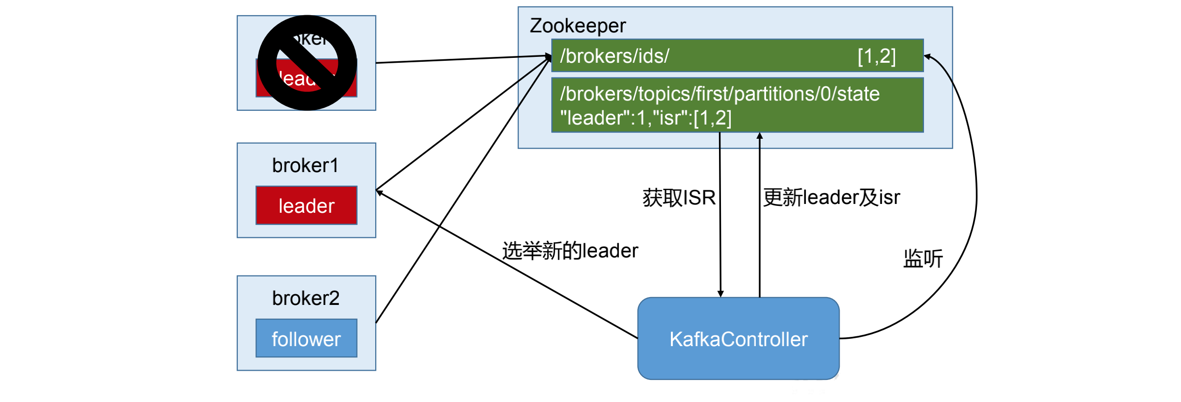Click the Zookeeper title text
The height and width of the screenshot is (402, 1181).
point(577,25)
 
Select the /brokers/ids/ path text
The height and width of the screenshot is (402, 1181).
point(615,56)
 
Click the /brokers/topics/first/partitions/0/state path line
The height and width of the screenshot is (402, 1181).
point(719,94)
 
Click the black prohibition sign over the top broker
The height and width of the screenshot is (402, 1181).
point(307,63)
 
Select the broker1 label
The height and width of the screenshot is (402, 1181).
point(305,166)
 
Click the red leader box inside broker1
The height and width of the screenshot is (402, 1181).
point(307,205)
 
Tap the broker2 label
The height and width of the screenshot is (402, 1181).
point(306,298)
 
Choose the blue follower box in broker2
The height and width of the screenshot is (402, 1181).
point(307,338)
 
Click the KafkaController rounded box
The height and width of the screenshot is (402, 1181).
point(738,338)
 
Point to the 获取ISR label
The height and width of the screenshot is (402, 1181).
point(679,198)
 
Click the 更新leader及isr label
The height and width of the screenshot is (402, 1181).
point(831,197)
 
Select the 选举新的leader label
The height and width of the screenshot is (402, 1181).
point(570,251)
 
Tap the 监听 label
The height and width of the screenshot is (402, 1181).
point(923,258)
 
